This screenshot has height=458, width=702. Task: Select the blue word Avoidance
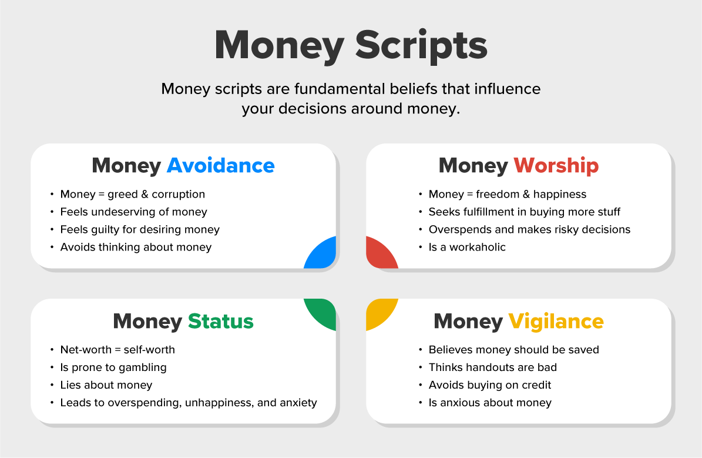click(220, 166)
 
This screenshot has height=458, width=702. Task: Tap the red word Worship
click(556, 166)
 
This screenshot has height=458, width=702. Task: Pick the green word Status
click(220, 322)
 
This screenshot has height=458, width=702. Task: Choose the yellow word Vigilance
click(556, 322)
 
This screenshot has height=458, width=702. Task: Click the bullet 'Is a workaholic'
click(467, 247)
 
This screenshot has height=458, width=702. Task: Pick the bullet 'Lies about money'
click(106, 385)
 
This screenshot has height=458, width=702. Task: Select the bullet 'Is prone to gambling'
click(113, 367)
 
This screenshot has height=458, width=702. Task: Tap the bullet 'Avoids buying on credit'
click(490, 385)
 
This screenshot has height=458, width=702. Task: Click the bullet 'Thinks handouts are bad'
click(492, 367)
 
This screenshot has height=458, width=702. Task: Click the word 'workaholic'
click(477, 247)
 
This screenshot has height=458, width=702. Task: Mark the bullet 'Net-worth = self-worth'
click(117, 350)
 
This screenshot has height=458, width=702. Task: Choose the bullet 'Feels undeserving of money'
click(133, 212)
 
